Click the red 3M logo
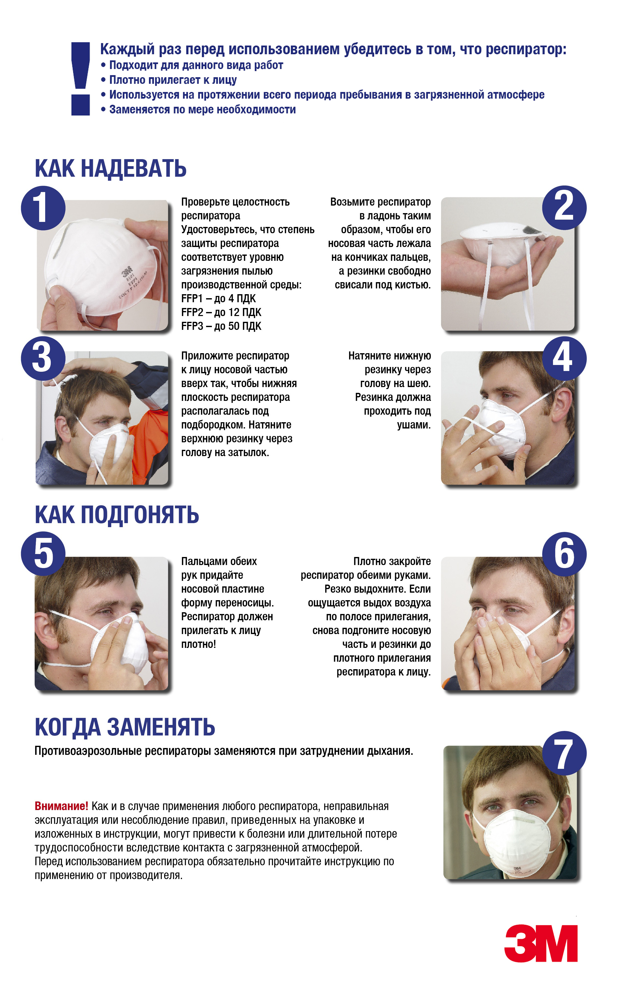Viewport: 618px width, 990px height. pyautogui.click(x=541, y=943)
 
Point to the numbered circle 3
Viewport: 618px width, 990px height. pyautogui.click(x=43, y=358)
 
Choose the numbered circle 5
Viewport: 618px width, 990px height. pyautogui.click(x=43, y=554)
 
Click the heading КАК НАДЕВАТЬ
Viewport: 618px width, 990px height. pyautogui.click(x=110, y=168)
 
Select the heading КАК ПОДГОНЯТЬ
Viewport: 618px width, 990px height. pyautogui.click(x=117, y=515)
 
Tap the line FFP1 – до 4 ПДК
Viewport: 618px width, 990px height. pyautogui.click(x=218, y=299)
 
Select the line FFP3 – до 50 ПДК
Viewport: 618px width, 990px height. pyautogui.click(x=221, y=326)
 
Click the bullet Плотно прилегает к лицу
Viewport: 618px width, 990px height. pyautogui.click(x=168, y=80)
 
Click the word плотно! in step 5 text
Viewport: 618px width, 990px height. pyautogui.click(x=198, y=644)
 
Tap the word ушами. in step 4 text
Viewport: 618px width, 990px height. pyautogui.click(x=414, y=425)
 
